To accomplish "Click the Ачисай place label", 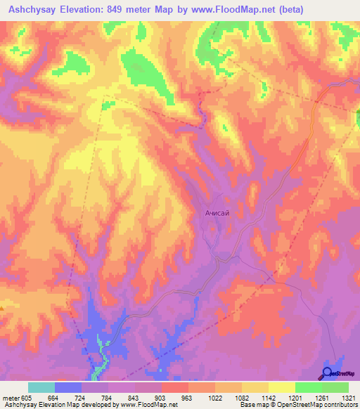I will tap(217, 211).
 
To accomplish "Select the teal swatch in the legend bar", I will tap(41, 387).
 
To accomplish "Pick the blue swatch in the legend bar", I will tap(68, 387).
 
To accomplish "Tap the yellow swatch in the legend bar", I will tap(281, 387).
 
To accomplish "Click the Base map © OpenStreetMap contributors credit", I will tap(298, 405).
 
